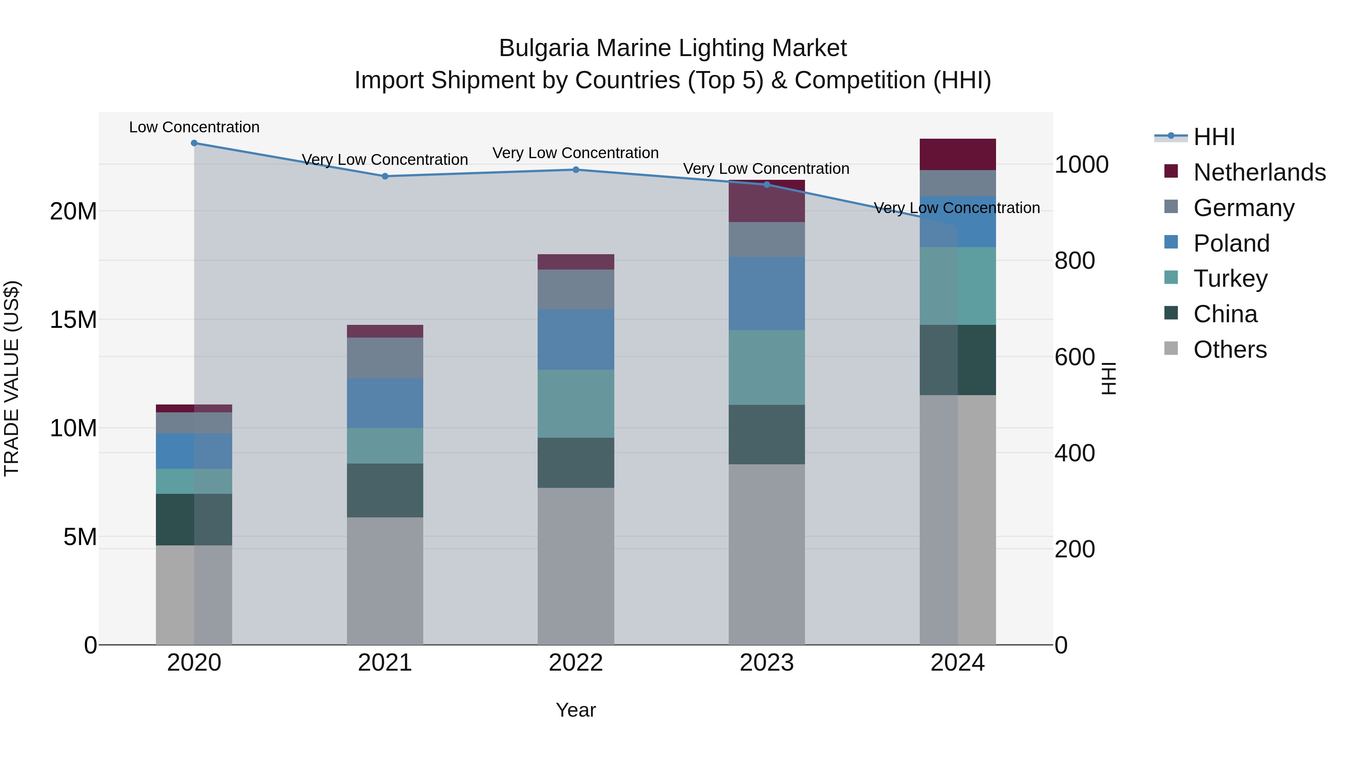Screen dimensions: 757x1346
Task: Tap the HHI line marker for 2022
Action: coord(576,169)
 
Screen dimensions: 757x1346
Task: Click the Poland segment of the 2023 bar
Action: coord(766,293)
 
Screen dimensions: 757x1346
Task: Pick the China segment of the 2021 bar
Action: coord(385,490)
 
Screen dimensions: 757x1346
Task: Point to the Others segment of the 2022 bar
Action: coord(576,566)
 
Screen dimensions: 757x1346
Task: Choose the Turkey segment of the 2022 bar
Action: coord(576,403)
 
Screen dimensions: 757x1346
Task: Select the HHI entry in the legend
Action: coord(1214,137)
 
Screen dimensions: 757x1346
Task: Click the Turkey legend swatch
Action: coord(1171,277)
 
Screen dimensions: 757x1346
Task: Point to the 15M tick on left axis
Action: coord(73,319)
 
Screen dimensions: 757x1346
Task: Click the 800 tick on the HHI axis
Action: coord(1074,260)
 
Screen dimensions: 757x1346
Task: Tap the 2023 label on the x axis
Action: coord(766,662)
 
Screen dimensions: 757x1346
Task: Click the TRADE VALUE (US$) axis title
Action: coord(12,378)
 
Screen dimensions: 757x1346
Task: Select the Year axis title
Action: coord(576,710)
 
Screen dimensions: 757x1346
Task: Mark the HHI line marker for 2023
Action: coord(766,184)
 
